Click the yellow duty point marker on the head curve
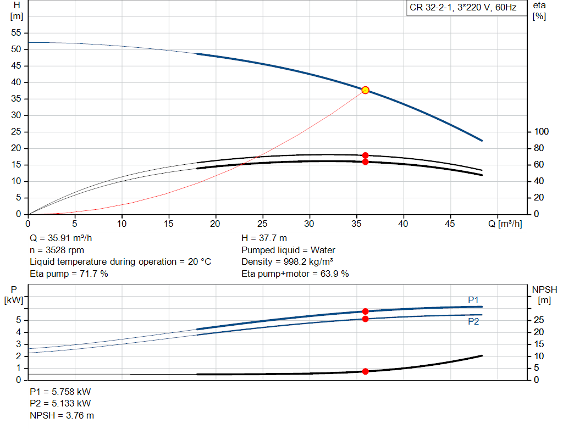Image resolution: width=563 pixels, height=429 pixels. pos(365,90)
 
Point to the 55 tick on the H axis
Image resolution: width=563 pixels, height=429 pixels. pos(16,33)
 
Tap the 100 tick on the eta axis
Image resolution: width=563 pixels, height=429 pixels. pos(542,132)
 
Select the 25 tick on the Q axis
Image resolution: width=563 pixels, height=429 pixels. pos(262,224)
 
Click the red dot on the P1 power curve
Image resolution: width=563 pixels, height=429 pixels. pos(365,311)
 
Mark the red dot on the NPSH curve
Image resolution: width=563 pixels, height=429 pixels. pos(365,372)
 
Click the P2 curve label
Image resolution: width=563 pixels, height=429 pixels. pos(473,322)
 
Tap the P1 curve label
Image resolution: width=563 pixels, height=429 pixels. pos(473,300)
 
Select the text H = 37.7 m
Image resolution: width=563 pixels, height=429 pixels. pos(264,238)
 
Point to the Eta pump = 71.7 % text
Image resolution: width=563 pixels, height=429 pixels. pos(69,274)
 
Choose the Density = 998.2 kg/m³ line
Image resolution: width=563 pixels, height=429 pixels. pos(288,262)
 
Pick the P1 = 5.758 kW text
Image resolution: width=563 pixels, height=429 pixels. pos(60,392)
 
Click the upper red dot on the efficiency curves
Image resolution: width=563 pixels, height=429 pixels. pos(365,155)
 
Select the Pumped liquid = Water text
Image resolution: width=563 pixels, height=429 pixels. pos(288,250)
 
